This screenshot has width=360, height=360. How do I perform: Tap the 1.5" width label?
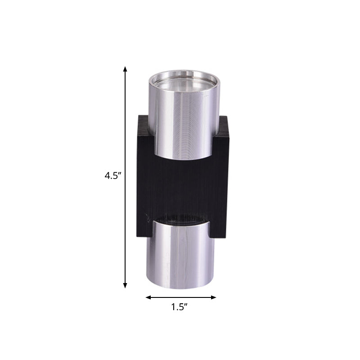(179, 308)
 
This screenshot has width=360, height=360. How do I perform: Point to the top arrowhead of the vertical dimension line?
(125, 69)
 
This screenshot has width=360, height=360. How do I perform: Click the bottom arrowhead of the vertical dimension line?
(125, 285)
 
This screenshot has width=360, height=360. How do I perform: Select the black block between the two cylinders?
(180, 189)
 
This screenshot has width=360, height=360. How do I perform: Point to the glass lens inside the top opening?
(184, 85)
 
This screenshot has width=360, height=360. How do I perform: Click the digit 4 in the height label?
(107, 176)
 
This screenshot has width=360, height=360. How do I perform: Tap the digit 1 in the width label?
(173, 308)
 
